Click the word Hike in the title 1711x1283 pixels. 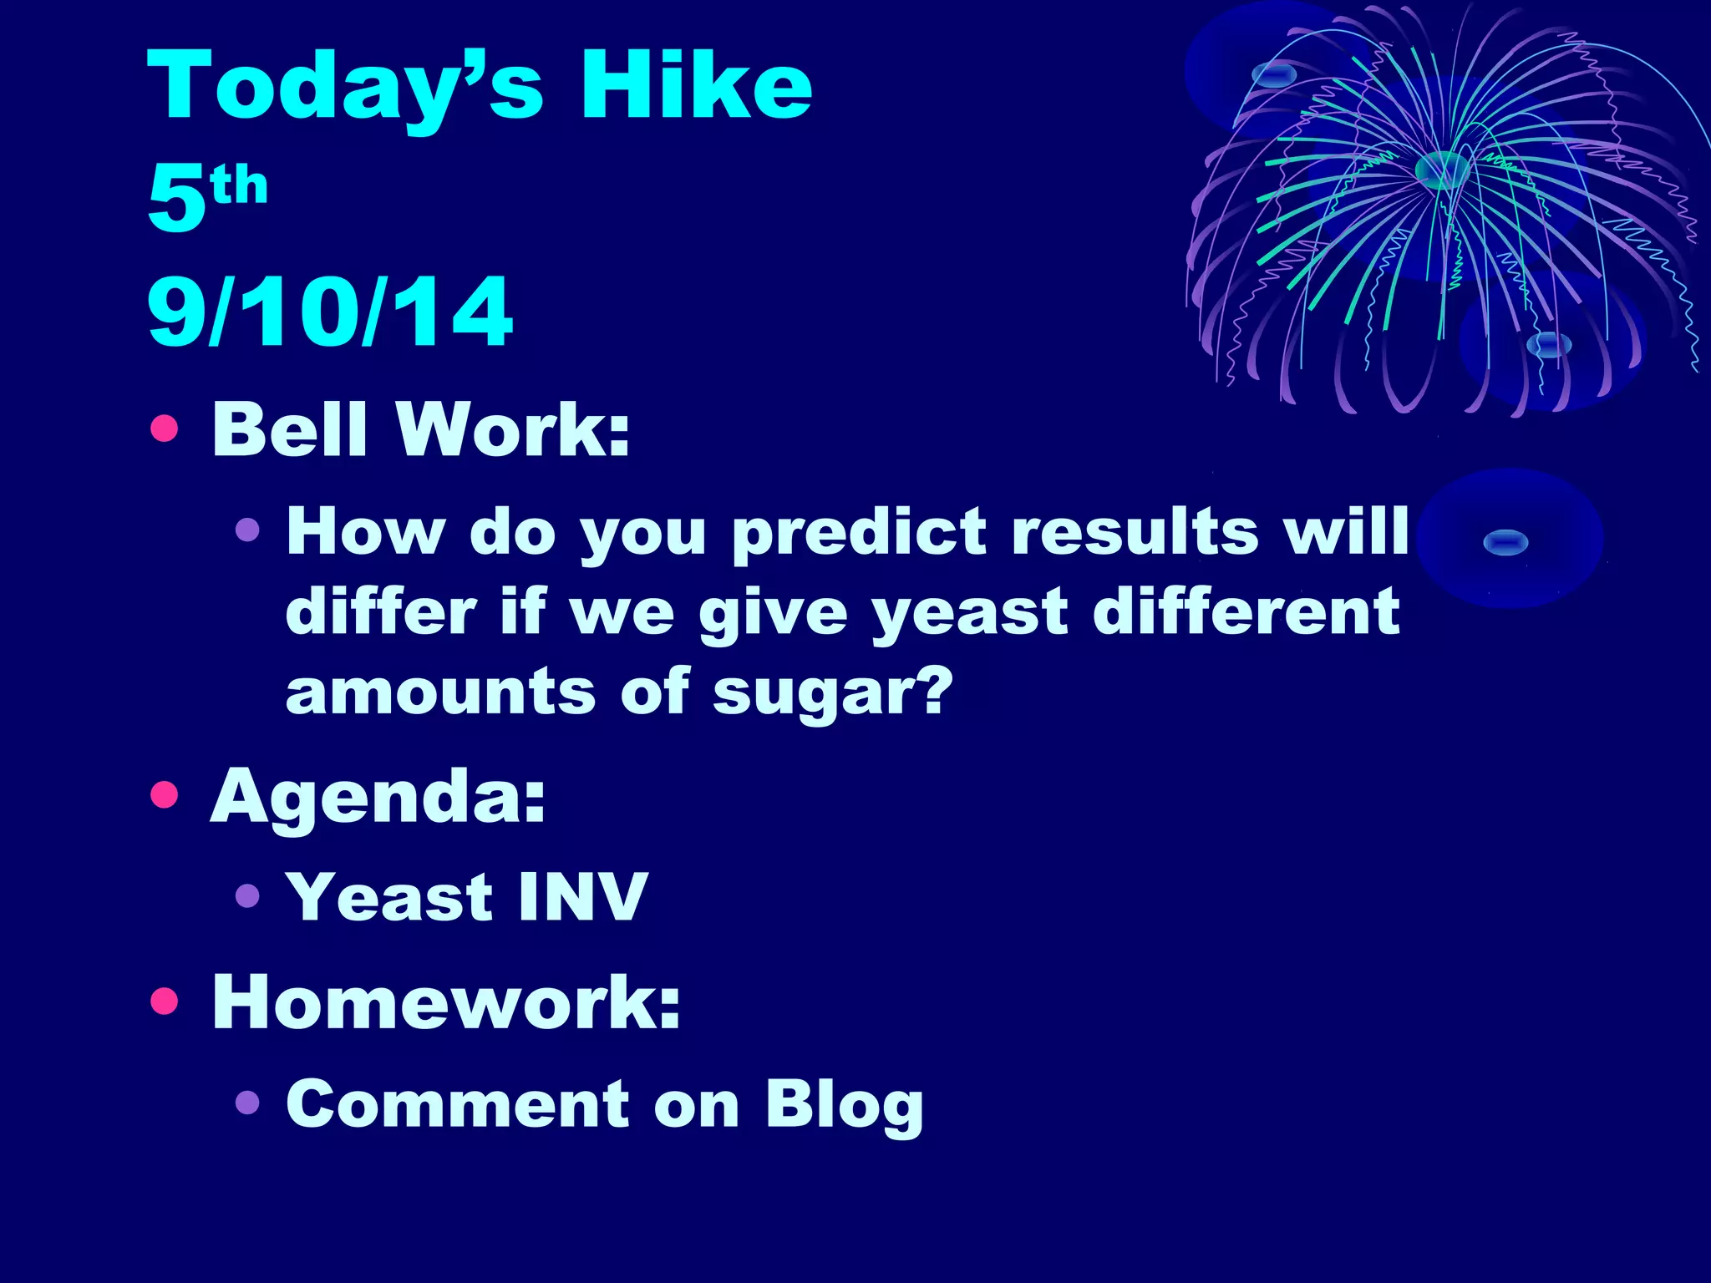pyautogui.click(x=695, y=85)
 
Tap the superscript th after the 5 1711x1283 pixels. pyautogui.click(x=240, y=185)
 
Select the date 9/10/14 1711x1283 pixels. pyautogui.click(x=330, y=312)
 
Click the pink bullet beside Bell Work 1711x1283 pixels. pyautogui.click(x=165, y=429)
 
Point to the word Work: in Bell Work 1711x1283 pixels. pyautogui.click(x=513, y=429)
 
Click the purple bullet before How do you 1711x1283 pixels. pyautogui.click(x=247, y=530)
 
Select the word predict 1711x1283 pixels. pyautogui.click(x=859, y=533)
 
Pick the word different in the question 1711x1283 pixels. pyautogui.click(x=1246, y=611)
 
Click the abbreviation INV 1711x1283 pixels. pyautogui.click(x=582, y=897)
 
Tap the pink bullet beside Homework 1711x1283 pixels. pyautogui.click(x=165, y=1000)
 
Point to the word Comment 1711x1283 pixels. pyautogui.click(x=458, y=1104)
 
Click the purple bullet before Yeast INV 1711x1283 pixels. pyautogui.click(x=247, y=896)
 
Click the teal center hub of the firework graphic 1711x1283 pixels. pyautogui.click(x=1442, y=170)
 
